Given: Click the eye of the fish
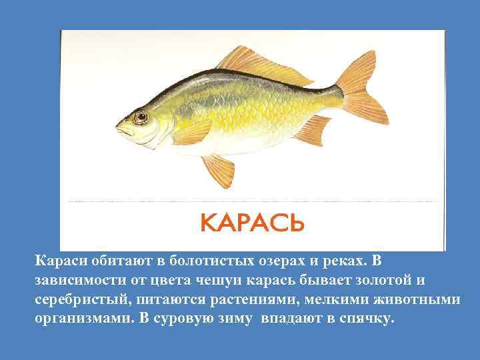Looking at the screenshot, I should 140,118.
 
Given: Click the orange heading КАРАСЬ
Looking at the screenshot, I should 253,222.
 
